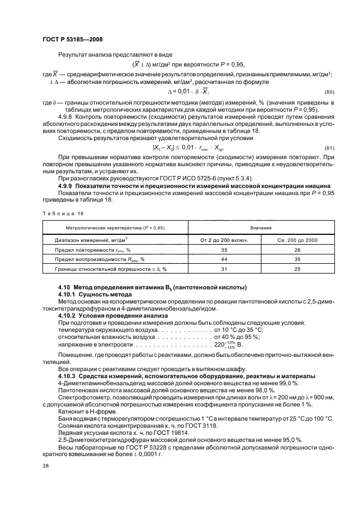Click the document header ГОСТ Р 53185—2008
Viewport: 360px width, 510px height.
coord(72,40)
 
